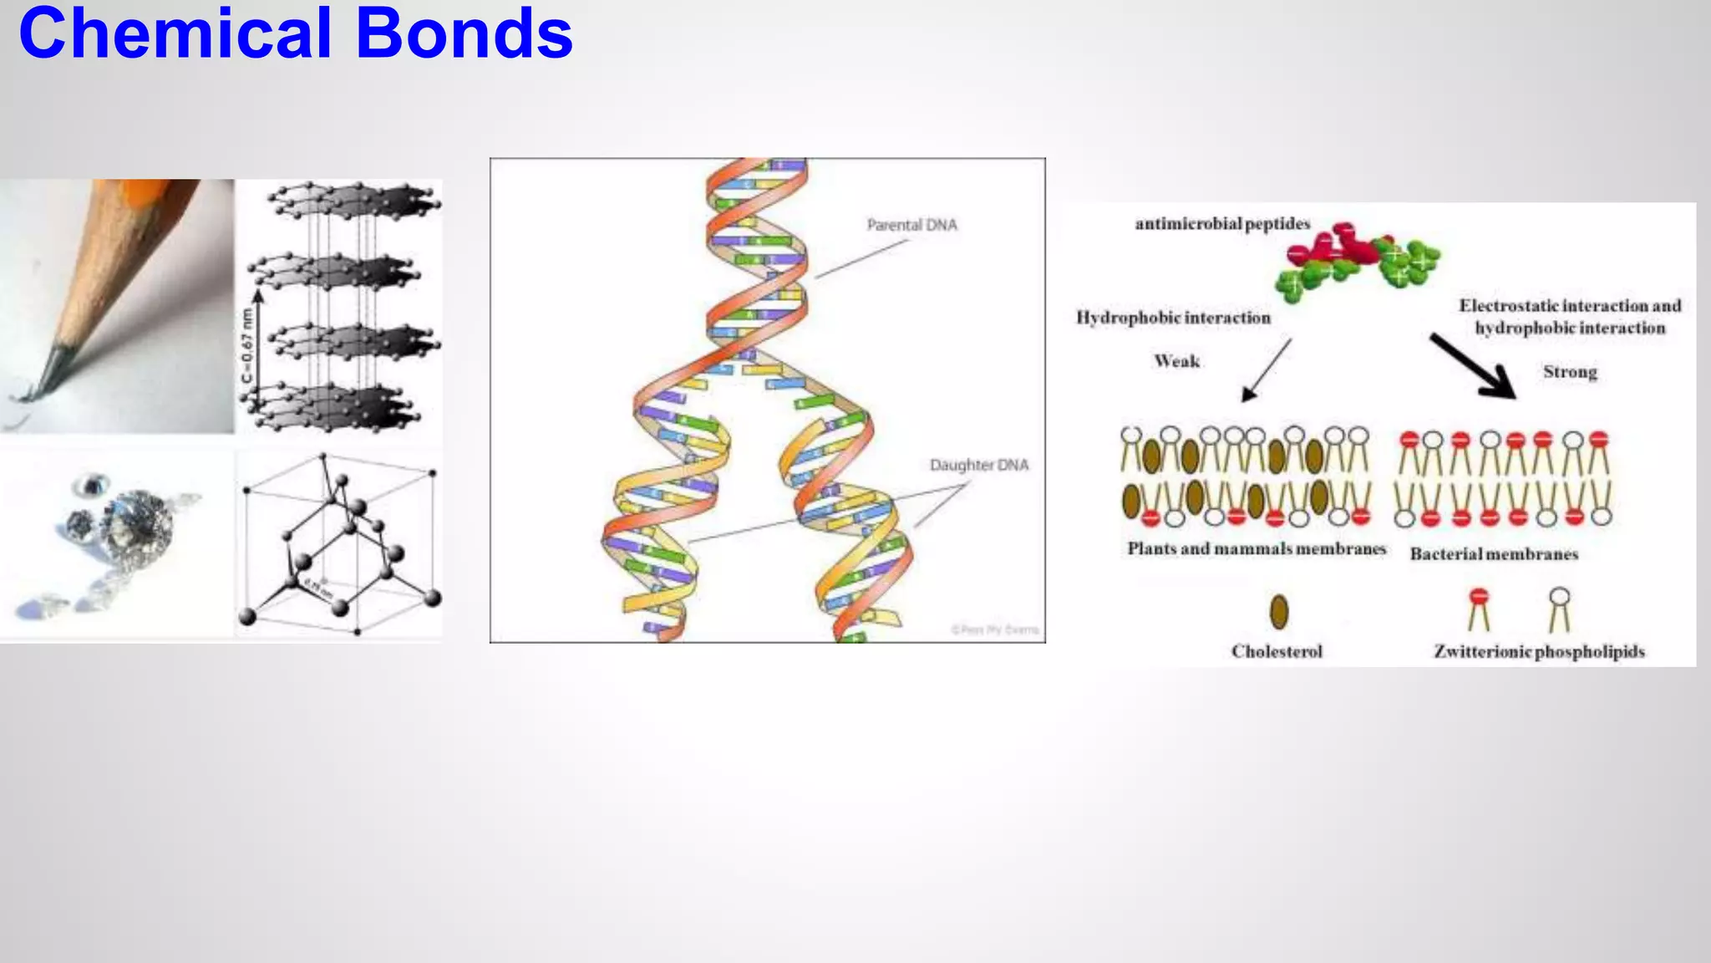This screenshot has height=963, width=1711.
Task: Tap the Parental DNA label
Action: click(x=911, y=225)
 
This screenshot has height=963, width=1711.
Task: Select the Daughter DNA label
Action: click(x=979, y=465)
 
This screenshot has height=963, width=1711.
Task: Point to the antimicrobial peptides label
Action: click(x=1222, y=224)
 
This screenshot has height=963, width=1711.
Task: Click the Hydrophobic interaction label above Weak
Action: click(x=1173, y=318)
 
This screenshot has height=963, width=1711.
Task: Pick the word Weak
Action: click(x=1176, y=361)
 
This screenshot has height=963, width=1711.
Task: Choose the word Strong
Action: click(x=1570, y=372)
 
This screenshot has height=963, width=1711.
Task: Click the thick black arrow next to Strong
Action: click(x=1473, y=366)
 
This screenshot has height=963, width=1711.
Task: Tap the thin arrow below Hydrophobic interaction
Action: click(x=1266, y=370)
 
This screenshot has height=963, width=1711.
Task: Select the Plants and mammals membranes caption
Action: click(x=1257, y=549)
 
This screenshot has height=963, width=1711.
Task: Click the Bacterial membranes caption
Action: click(x=1494, y=554)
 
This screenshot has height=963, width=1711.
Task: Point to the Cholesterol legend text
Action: click(x=1277, y=651)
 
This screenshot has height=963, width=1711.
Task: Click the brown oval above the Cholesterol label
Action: click(x=1279, y=612)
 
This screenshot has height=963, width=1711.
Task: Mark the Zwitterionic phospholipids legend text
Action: click(x=1539, y=651)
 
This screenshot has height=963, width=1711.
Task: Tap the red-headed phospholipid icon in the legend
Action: click(x=1479, y=608)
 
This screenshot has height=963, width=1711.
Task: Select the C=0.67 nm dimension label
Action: click(x=246, y=346)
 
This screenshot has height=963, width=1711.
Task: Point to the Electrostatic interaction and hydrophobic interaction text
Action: click(x=1570, y=317)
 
